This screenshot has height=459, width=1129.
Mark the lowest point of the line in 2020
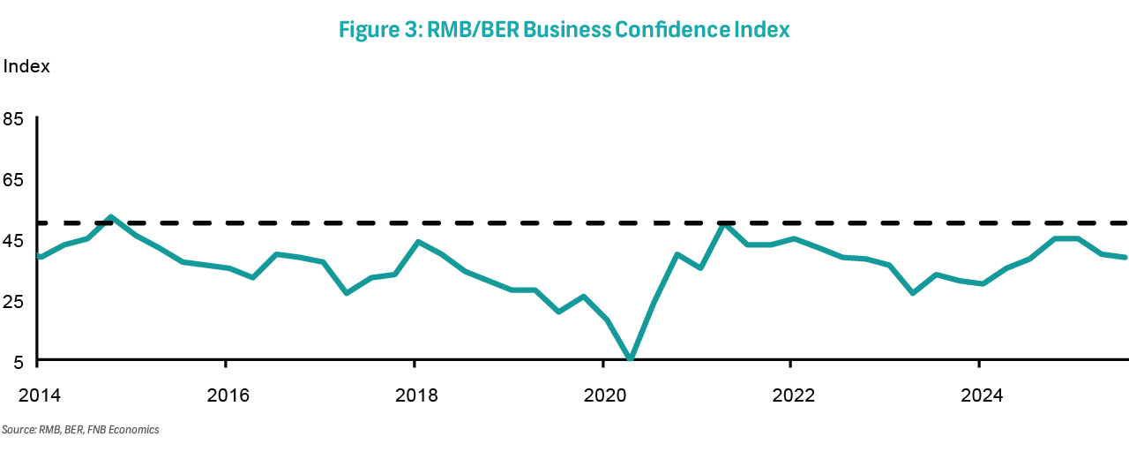(630, 359)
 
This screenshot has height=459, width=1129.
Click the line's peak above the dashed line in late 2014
(110, 217)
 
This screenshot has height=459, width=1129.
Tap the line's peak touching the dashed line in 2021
(724, 224)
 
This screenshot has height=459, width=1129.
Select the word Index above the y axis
(27, 67)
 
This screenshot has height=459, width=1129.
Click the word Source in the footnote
(17, 430)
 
